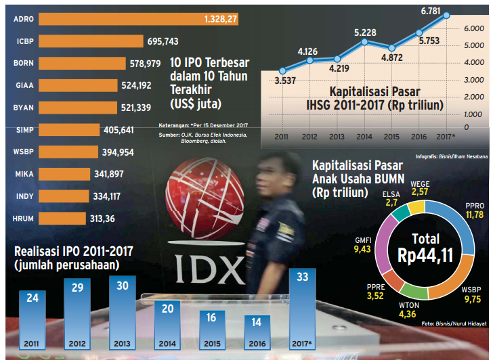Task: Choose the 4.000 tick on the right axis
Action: point(472,62)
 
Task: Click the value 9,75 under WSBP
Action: point(473,298)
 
